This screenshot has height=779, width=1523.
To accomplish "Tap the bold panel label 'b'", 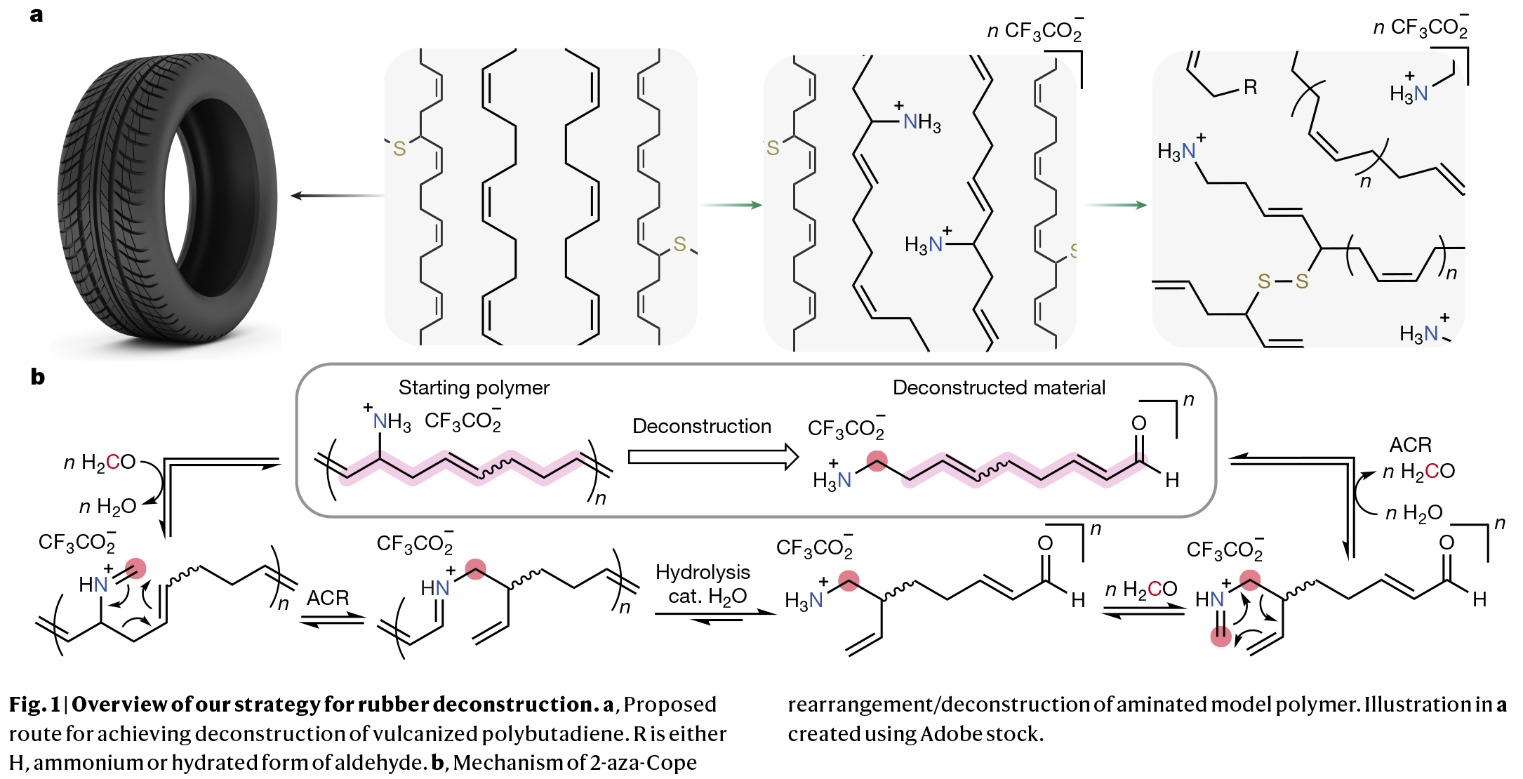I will click(x=37, y=377).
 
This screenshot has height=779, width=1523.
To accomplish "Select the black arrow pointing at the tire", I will click(x=337, y=195).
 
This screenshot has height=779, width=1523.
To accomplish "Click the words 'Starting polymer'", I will click(x=474, y=387).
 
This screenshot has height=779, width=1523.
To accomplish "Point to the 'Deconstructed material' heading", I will click(x=998, y=387).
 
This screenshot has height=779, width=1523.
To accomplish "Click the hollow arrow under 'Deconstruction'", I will click(x=713, y=457).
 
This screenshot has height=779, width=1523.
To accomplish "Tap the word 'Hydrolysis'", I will click(x=703, y=572).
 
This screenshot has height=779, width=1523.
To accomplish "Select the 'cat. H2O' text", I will click(x=707, y=597).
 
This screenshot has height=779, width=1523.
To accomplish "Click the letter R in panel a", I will click(x=1250, y=88).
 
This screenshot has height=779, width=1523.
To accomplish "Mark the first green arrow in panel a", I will click(x=731, y=205).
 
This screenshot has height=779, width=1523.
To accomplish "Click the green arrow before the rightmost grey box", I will click(x=1116, y=205).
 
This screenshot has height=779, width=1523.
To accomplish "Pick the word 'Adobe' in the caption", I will click(x=951, y=734).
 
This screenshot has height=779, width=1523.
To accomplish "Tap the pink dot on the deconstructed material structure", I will click(x=877, y=461).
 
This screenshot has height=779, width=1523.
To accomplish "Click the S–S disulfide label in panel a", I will click(x=1282, y=281).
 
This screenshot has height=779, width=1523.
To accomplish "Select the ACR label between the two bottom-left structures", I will click(x=328, y=598).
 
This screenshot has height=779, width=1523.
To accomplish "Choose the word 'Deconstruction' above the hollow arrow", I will click(x=701, y=426).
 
